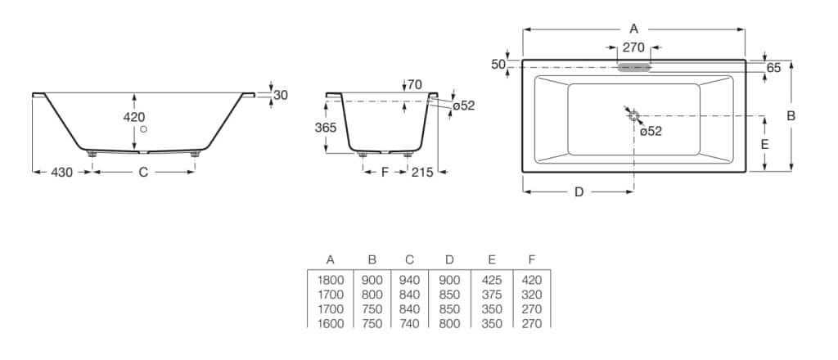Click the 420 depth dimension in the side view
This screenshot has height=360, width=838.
(x=133, y=117)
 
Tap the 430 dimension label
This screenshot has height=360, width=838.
(x=62, y=172)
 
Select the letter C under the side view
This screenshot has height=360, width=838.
(x=143, y=172)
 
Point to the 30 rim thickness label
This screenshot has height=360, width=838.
(x=281, y=95)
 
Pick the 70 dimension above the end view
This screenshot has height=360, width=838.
(x=414, y=84)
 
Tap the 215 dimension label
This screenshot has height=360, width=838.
(x=422, y=172)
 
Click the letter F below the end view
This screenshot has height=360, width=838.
(x=385, y=172)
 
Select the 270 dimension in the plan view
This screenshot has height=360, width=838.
(x=633, y=47)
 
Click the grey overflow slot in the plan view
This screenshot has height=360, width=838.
(x=634, y=67)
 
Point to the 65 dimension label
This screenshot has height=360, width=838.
(x=773, y=69)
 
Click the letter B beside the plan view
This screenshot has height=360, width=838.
(x=791, y=115)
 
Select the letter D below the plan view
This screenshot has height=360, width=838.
(x=579, y=192)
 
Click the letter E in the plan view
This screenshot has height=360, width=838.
(x=764, y=143)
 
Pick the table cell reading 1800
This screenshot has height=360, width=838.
(x=330, y=280)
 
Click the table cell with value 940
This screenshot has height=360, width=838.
(x=409, y=280)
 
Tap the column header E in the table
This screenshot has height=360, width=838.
(x=491, y=260)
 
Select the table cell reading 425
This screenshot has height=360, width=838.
(x=491, y=280)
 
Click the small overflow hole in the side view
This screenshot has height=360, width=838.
(x=143, y=129)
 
